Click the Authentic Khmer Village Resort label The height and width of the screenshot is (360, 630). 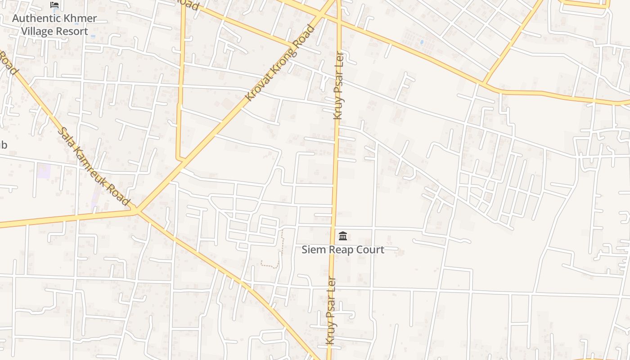tap(54, 25)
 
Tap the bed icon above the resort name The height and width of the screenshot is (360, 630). tap(54, 5)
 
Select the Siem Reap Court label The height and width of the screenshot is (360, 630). tap(343, 250)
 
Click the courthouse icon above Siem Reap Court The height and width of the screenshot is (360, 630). tap(343, 236)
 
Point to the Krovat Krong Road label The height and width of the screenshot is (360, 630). tap(280, 63)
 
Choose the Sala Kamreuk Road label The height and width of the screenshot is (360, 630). tap(94, 166)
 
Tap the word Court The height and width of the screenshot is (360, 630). tap(370, 250)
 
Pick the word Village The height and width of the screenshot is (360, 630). tap(36, 31)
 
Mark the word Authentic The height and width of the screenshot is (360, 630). tap(35, 18)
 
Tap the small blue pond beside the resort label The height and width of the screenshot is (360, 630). tap(93, 36)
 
